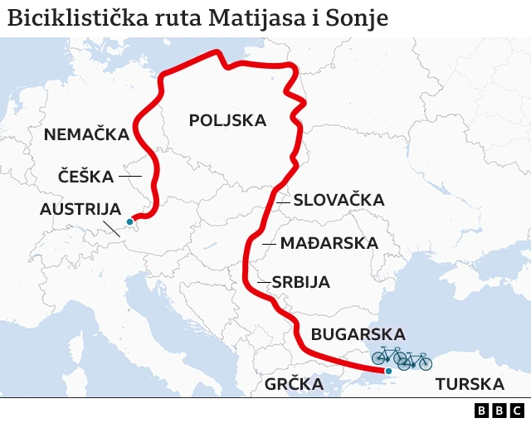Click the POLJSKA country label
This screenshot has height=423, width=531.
(x=227, y=120)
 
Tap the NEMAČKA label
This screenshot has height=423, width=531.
(x=86, y=134)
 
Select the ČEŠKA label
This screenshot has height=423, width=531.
(x=86, y=176)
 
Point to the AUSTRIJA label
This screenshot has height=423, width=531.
(x=80, y=209)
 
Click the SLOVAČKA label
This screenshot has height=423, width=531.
(x=339, y=200)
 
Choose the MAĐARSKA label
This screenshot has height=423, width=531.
(x=329, y=243)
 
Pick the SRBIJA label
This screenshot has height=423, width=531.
(x=300, y=282)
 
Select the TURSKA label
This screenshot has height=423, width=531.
(x=470, y=384)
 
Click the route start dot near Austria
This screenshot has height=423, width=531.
(x=129, y=221)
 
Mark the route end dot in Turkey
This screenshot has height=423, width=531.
(x=387, y=372)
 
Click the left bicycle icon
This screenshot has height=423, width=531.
(x=387, y=356)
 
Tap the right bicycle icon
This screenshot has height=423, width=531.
(x=415, y=360)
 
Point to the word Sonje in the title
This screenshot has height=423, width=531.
(x=360, y=17)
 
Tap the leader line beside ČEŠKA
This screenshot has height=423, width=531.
(x=130, y=176)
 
